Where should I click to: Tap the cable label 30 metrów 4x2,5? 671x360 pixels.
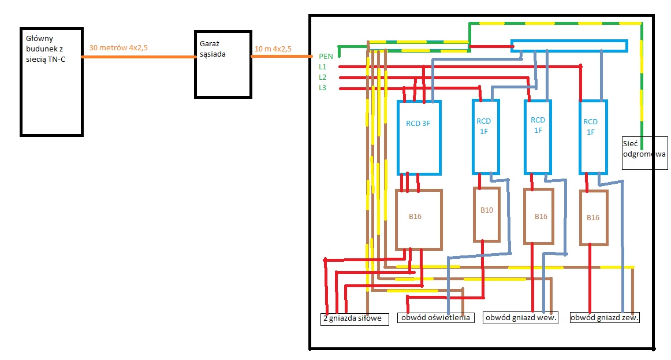pos(118,48)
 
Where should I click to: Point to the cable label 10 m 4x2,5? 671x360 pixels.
pos(273,49)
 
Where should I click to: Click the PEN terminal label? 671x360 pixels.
pos(326,57)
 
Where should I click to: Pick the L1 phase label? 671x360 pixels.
pos(323,67)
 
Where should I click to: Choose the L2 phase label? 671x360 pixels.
pos(323,77)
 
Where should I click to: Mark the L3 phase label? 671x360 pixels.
pos(323,88)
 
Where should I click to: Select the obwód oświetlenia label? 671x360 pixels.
pos(435,318)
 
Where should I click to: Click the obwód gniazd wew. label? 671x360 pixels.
pos(521,318)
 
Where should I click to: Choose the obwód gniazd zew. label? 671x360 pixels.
pos(605,318)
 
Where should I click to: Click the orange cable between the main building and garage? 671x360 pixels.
pos(139,57)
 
